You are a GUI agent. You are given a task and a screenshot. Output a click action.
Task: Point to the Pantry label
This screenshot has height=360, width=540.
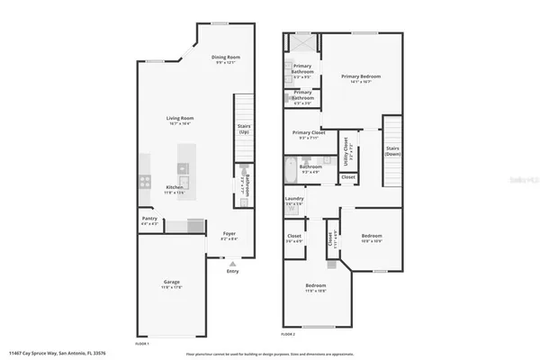pos(149,219)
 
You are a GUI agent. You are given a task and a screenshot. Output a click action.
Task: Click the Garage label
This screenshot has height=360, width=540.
pos(171,283)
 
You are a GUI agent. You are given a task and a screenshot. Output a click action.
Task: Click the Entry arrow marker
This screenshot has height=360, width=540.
pos(233,262)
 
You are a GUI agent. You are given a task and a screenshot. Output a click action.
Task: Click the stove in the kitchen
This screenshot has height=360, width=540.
pos(144,181)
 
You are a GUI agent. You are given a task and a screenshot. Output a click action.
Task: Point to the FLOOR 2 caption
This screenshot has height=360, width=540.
pos(288,334)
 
